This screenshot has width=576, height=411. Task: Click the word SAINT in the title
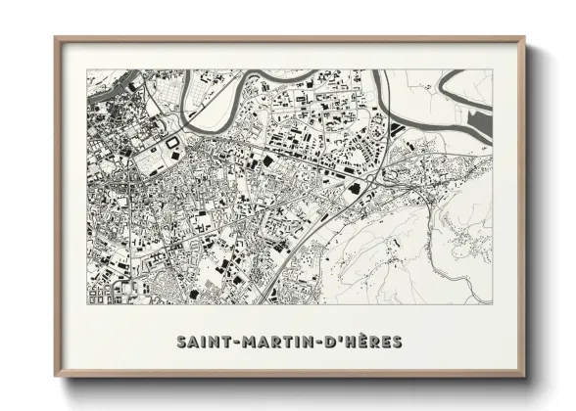[x=201, y=342]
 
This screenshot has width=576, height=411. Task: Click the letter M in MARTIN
[x=241, y=342]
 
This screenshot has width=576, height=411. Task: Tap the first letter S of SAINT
[x=182, y=342]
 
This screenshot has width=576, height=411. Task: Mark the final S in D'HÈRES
[x=396, y=342]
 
